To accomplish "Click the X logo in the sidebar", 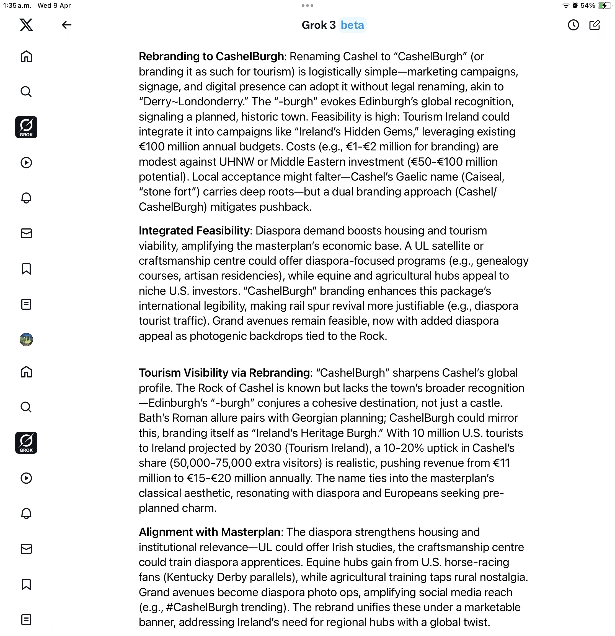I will click(x=26, y=25).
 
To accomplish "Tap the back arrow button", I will click(x=67, y=25).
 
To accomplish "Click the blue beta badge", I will click(x=352, y=25).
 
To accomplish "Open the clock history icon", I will click(x=573, y=25).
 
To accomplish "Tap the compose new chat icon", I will click(x=595, y=25).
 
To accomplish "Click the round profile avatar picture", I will click(x=26, y=339).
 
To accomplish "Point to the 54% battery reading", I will click(x=587, y=6).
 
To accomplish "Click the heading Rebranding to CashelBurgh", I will click(x=211, y=56).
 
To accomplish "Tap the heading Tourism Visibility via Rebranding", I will click(x=224, y=373).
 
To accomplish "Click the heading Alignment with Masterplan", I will click(x=210, y=532).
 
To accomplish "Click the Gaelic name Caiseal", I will click(x=484, y=177).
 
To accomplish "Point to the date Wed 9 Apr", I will click(x=54, y=6).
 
